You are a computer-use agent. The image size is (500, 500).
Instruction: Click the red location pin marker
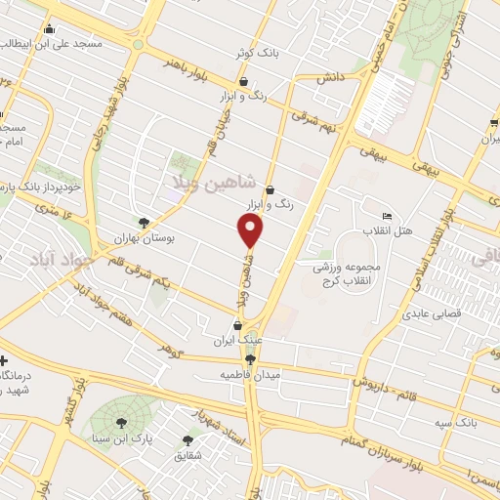pos(251,230)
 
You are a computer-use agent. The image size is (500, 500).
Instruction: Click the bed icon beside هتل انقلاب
pos(388,216)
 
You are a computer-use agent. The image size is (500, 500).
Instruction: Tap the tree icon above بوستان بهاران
pos(145,223)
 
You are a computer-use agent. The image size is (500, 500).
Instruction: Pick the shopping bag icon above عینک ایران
pos(236,326)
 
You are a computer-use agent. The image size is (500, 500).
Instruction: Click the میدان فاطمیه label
pos(249,375)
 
